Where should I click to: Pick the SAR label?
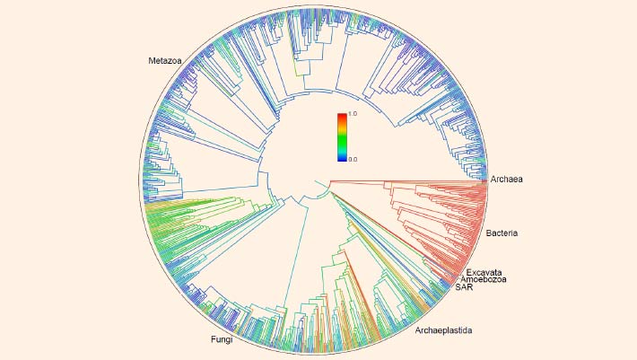point(464,288)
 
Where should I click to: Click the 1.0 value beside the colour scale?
point(353,114)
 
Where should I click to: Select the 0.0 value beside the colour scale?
point(353,158)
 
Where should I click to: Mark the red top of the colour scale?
point(342,117)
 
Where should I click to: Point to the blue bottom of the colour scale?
point(342,156)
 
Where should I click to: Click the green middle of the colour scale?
point(342,139)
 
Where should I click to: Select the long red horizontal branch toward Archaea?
point(404,180)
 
